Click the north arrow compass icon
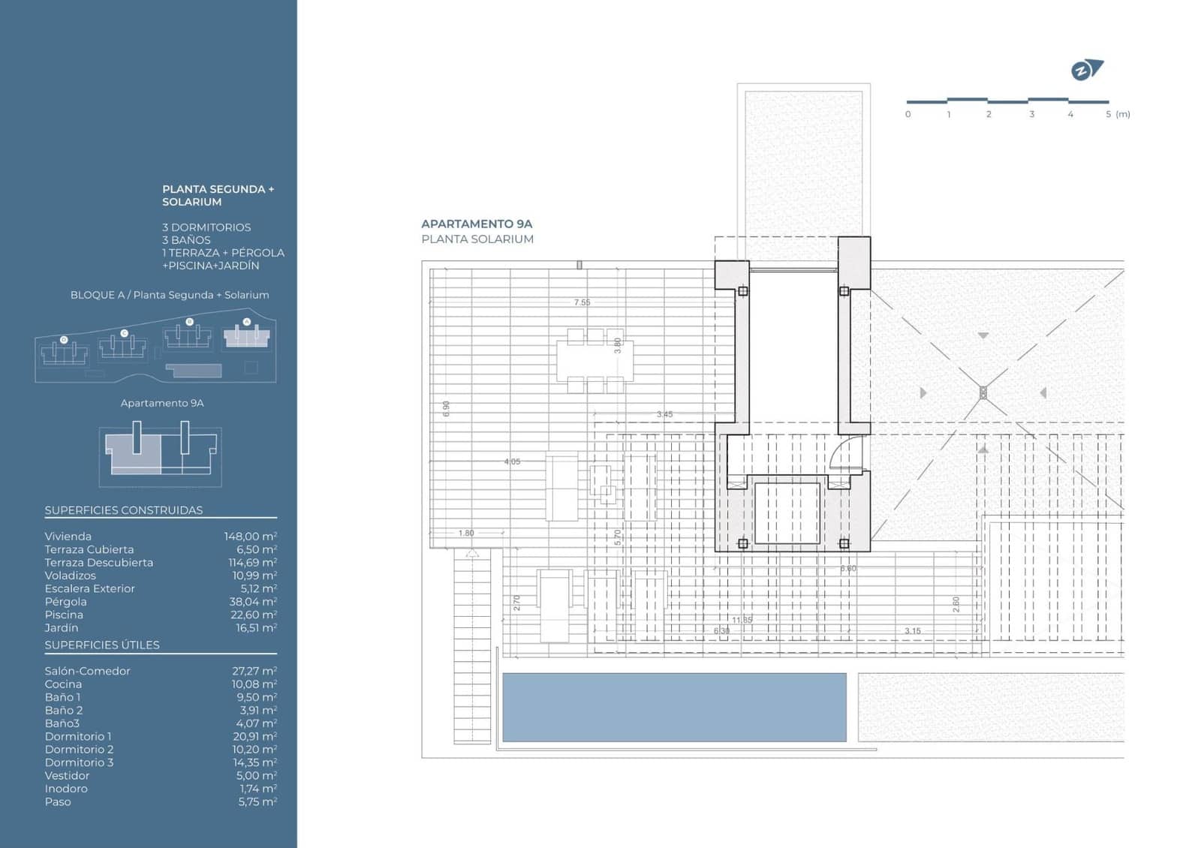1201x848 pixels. [1086, 71]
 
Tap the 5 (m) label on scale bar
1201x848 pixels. [1118, 114]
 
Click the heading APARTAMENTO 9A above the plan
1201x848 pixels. [477, 224]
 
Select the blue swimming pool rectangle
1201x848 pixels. [673, 707]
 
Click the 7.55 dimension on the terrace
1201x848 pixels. [582, 302]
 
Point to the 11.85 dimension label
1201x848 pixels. [742, 620]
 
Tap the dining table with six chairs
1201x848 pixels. [594, 361]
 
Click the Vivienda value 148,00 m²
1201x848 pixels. [250, 537]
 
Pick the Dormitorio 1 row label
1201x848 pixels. [78, 736]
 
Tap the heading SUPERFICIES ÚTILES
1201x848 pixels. [102, 645]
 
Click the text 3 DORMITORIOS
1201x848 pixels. [206, 227]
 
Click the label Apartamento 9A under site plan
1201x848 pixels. [162, 403]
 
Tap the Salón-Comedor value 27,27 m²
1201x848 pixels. [254, 671]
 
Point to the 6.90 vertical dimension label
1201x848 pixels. [447, 408]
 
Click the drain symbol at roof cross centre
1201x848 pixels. [983, 392]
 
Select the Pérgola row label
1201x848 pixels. [65, 602]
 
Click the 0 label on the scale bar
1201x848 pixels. [908, 114]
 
